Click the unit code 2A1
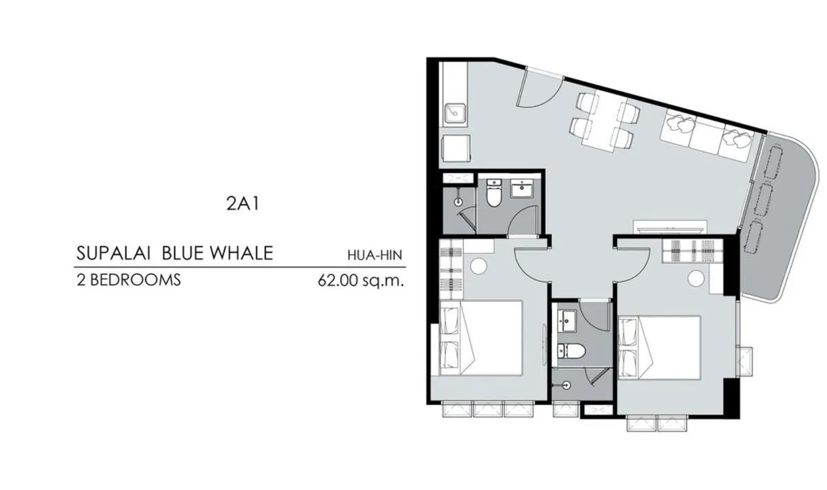(x=243, y=203)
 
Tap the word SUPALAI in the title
(x=113, y=254)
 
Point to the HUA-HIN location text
(x=375, y=255)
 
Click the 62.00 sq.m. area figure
(x=360, y=280)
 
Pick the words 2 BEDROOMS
(x=128, y=280)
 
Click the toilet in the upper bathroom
(x=493, y=193)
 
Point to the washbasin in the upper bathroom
(x=522, y=189)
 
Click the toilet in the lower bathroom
(x=571, y=351)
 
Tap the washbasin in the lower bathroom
(x=566, y=321)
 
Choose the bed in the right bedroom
(x=659, y=347)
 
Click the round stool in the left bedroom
(x=478, y=266)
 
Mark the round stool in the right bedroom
(x=696, y=278)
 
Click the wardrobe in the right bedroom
(x=692, y=251)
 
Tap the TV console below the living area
(x=670, y=227)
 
